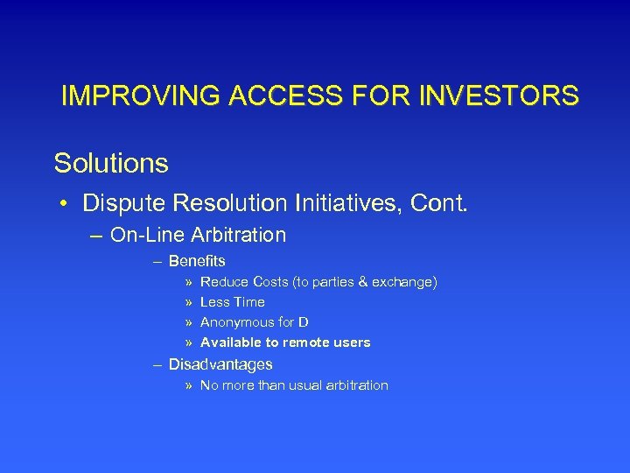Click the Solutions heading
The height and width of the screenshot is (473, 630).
click(x=111, y=163)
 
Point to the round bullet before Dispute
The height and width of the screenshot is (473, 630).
click(x=65, y=205)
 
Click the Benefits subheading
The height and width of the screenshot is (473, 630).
click(x=197, y=261)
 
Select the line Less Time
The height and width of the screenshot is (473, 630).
click(x=233, y=302)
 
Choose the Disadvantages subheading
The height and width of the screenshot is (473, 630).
click(x=220, y=364)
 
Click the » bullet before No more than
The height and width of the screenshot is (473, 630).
click(x=190, y=385)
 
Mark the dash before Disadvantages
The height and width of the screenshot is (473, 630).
click(x=157, y=364)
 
